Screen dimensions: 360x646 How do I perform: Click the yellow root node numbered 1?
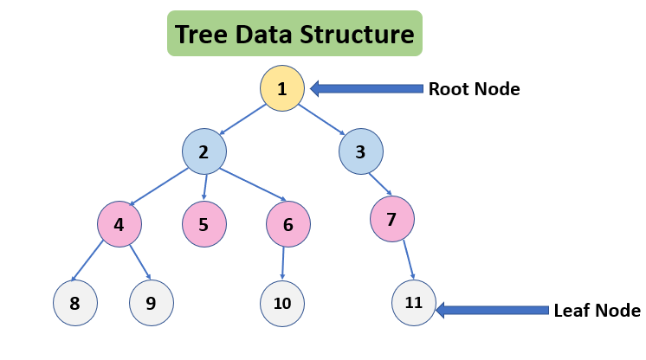(282, 88)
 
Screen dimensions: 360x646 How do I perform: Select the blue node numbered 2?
(203, 153)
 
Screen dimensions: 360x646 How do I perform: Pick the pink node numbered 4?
(119, 224)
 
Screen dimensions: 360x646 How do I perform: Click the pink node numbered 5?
(203, 224)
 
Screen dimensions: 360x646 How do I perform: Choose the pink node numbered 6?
(288, 224)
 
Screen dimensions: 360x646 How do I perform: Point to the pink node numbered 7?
(391, 219)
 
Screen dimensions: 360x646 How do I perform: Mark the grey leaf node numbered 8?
(74, 303)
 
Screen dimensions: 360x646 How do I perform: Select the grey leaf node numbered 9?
(152, 303)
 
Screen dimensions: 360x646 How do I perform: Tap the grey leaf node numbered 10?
(282, 303)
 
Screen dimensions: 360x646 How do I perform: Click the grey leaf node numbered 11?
(413, 302)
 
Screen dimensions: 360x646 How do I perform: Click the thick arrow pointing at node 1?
(365, 88)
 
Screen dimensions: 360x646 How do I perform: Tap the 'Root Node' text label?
(474, 88)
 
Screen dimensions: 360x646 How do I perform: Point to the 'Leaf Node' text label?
(597, 311)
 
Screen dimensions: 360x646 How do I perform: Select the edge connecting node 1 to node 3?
(322, 119)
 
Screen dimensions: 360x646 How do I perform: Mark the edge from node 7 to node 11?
(404, 260)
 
